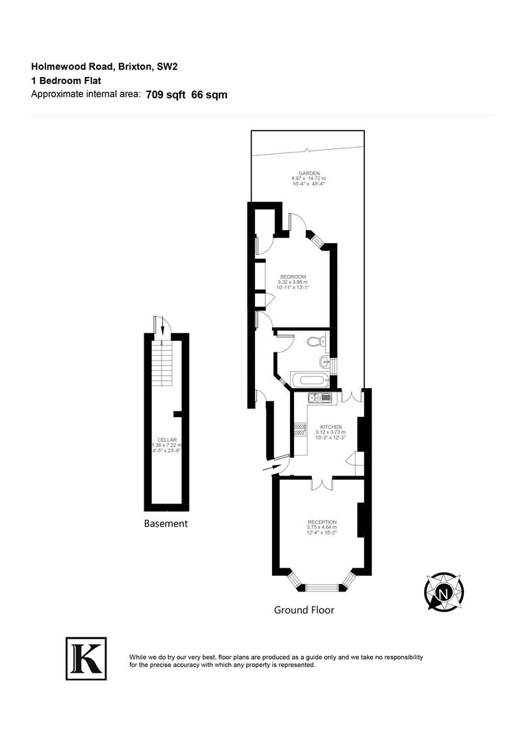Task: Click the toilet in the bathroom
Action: (316, 341)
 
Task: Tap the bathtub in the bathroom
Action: (308, 379)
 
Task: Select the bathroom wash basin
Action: (325, 362)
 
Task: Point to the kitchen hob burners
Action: (300, 429)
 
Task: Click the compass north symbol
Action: (444, 592)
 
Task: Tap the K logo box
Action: (86, 659)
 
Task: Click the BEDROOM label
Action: (293, 277)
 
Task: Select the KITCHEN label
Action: (331, 427)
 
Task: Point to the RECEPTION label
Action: (322, 522)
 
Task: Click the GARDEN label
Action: (309, 173)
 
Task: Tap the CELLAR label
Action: (166, 440)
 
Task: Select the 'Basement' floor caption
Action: (166, 524)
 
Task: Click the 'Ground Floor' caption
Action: (304, 610)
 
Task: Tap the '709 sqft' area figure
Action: (166, 95)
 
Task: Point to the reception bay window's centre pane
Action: (322, 587)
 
